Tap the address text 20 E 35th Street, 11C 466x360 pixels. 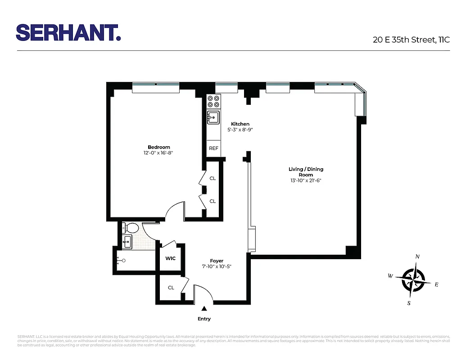pyautogui.click(x=411, y=40)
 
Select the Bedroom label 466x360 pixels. pyautogui.click(x=159, y=147)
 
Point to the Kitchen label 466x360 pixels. pyautogui.click(x=240, y=124)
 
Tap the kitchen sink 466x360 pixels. pyautogui.click(x=213, y=117)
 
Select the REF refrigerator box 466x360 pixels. pyautogui.click(x=213, y=148)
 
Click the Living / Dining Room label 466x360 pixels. pyautogui.click(x=306, y=172)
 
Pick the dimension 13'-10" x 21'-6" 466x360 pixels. pyautogui.click(x=306, y=181)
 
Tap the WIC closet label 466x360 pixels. pyautogui.click(x=170, y=259)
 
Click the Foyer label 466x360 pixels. pyautogui.click(x=217, y=261)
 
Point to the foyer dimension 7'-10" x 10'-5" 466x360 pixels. pyautogui.click(x=217, y=267)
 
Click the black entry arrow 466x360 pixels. pyautogui.click(x=204, y=309)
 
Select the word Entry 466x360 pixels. pyautogui.click(x=204, y=319)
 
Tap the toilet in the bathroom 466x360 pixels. pyautogui.click(x=131, y=227)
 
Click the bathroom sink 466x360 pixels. pyautogui.click(x=127, y=241)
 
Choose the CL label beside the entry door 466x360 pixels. pyautogui.click(x=171, y=288)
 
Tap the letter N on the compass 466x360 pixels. pyautogui.click(x=417, y=256)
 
